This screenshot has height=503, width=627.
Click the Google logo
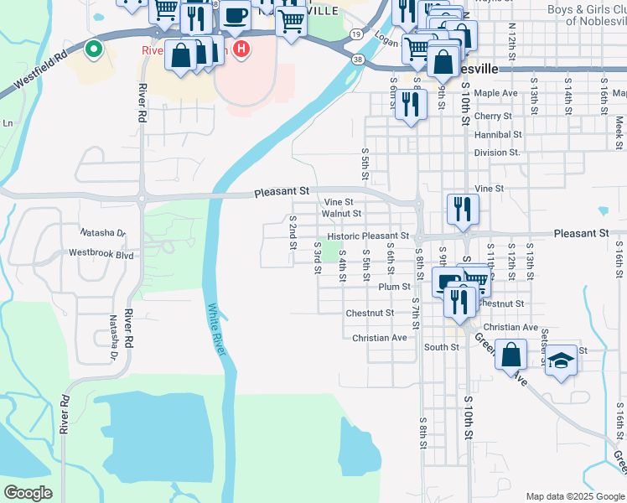(28, 493)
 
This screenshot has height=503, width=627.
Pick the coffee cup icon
(236, 14)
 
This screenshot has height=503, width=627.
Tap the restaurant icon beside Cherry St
(410, 104)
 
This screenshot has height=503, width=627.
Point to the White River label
(217, 329)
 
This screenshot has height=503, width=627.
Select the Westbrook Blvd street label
(101, 253)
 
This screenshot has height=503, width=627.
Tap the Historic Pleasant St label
(373, 237)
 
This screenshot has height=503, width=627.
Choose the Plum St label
(394, 287)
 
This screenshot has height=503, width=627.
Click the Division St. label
(497, 153)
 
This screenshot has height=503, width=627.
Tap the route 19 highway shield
(357, 34)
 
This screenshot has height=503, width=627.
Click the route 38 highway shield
(359, 60)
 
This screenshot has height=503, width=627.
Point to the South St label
(441, 347)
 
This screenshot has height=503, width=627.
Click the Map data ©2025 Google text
(573, 495)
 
